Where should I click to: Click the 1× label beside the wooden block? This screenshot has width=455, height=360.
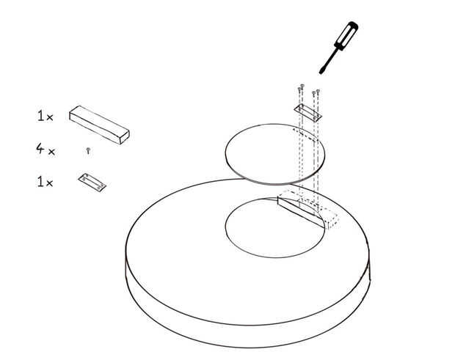45,116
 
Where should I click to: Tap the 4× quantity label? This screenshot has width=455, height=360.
45,150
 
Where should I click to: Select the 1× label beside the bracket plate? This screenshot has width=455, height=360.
45,182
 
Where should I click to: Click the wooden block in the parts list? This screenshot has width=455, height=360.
99,125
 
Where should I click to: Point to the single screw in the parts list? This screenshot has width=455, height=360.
88,151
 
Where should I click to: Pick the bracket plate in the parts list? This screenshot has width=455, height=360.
92,183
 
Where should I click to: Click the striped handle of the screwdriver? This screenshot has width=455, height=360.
347,35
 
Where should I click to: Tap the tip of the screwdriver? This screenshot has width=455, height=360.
321,73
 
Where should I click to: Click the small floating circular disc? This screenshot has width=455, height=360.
275,154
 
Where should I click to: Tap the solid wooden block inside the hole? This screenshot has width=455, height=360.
300,210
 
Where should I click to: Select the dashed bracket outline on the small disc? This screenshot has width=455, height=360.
305,134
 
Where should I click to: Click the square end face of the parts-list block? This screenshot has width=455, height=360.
125,137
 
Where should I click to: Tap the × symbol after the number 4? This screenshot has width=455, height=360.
51,152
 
